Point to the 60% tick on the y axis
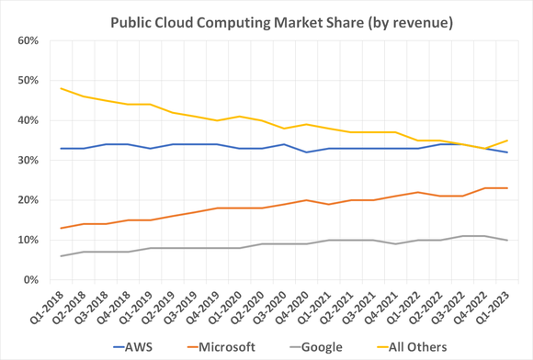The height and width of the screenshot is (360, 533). click(25, 41)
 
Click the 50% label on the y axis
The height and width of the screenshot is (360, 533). click(25, 81)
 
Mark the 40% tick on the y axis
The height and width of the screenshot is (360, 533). click(25, 120)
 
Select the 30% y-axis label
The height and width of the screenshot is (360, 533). click(25, 161)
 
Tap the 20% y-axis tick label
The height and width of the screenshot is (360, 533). click(25, 200)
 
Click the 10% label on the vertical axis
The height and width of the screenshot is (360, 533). click(25, 240)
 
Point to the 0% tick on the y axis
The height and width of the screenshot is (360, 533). click(28, 279)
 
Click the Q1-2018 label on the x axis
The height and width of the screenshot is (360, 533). click(46, 305)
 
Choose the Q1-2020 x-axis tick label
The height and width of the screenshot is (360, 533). click(225, 305)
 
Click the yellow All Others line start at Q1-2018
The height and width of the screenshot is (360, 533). click(60, 88)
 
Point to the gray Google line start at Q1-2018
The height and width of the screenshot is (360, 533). click(60, 256)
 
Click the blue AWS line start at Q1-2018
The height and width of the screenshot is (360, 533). click(60, 148)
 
